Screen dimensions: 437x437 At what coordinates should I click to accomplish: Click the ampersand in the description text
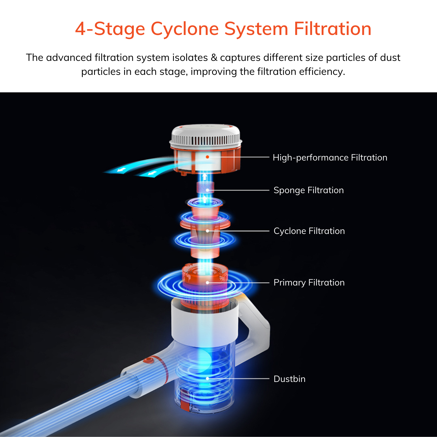pos(214,58)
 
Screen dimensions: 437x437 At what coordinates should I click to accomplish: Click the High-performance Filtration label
pos(330,158)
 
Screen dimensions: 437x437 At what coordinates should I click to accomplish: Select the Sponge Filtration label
pos(309,190)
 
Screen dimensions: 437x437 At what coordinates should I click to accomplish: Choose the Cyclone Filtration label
pos(309,231)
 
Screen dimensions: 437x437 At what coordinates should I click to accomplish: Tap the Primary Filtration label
pos(309,283)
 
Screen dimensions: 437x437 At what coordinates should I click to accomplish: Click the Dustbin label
pos(289,379)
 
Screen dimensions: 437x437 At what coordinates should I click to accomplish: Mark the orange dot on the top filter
pos(207,157)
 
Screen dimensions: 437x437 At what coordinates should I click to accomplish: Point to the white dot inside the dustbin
pos(207,378)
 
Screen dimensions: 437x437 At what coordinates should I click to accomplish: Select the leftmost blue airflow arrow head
pos(119,170)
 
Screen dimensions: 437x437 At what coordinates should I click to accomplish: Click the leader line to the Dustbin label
pos(239,378)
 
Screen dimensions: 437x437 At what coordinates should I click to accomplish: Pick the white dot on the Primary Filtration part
pos(207,283)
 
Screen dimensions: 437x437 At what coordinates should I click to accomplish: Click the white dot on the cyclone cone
pos(207,231)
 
